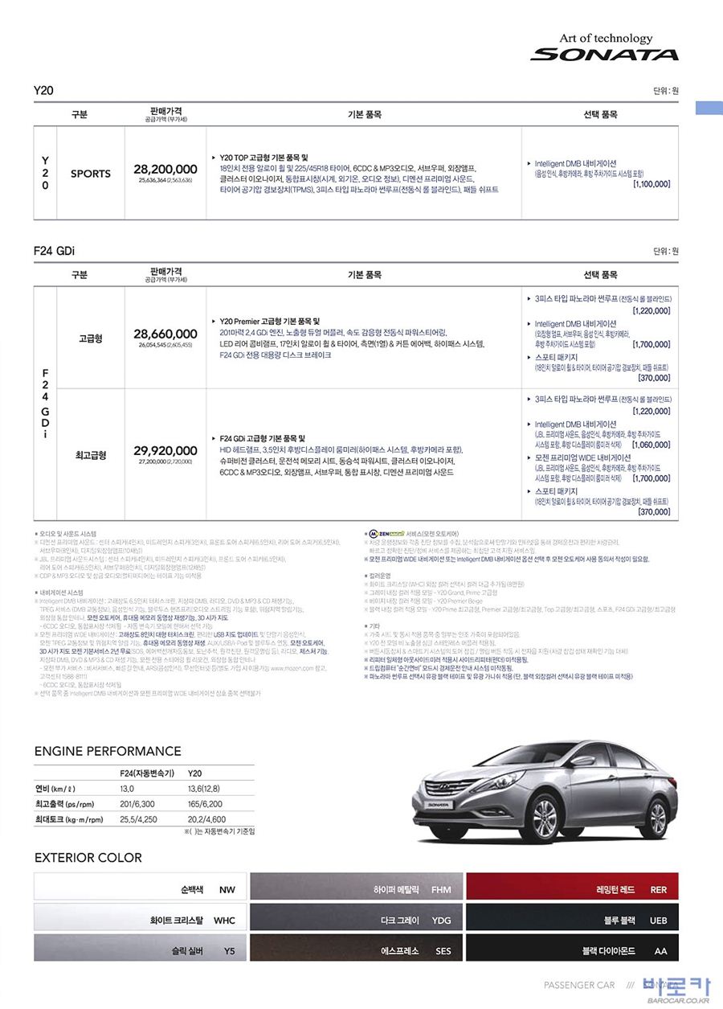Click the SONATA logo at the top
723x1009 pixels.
point(604,55)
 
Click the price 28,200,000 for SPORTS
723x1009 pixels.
point(165,170)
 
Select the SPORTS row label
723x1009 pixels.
point(91,173)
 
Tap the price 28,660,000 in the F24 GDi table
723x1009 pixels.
point(165,334)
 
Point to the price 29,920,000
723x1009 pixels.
point(165,450)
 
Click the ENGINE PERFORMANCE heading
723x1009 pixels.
point(108,752)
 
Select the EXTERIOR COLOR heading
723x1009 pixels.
point(88,858)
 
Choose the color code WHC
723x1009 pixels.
point(224,921)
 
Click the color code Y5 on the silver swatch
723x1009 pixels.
point(229,951)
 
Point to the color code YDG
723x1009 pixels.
point(441,921)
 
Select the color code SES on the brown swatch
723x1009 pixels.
point(443,951)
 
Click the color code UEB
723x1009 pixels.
point(658,921)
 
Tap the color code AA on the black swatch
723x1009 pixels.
point(660,951)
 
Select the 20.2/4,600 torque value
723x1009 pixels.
point(206,819)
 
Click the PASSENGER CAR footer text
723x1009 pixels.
point(579,985)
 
